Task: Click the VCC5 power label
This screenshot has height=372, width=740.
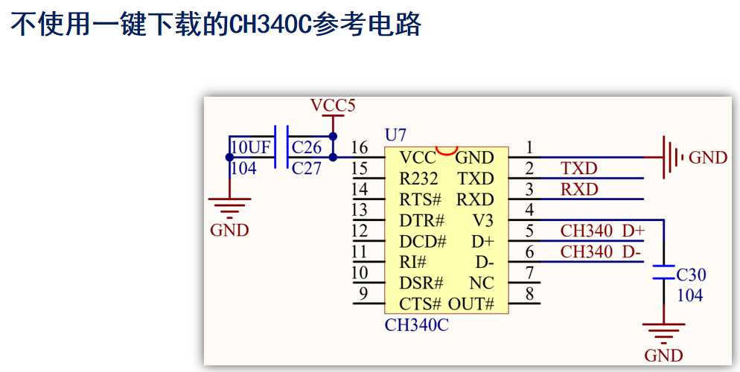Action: (x=333, y=106)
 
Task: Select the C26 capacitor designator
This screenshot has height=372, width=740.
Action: (x=307, y=147)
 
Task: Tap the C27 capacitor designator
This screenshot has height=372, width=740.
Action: (x=307, y=169)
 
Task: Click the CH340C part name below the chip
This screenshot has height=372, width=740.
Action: (x=417, y=325)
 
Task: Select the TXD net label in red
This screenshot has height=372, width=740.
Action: (x=579, y=169)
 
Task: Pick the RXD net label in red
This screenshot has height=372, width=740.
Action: (x=579, y=190)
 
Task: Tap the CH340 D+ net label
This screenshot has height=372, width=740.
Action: (x=602, y=231)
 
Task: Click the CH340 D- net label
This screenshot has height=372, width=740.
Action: (x=601, y=252)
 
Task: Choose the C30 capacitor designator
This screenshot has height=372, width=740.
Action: (x=691, y=275)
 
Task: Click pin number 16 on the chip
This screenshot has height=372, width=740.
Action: (x=360, y=147)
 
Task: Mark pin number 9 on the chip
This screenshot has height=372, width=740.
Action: (x=363, y=293)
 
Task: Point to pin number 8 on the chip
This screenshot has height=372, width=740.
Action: (x=529, y=293)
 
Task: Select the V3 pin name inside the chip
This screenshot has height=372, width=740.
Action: (x=482, y=221)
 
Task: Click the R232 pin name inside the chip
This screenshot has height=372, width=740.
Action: (x=415, y=179)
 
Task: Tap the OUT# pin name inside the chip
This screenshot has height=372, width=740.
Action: (x=471, y=304)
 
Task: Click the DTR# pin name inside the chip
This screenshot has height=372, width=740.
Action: (x=421, y=221)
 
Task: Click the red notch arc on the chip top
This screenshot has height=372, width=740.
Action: (x=446, y=151)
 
